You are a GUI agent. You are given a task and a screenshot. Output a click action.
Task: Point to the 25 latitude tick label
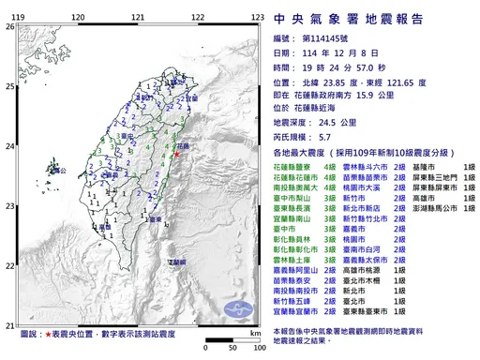click(x=9, y=86)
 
